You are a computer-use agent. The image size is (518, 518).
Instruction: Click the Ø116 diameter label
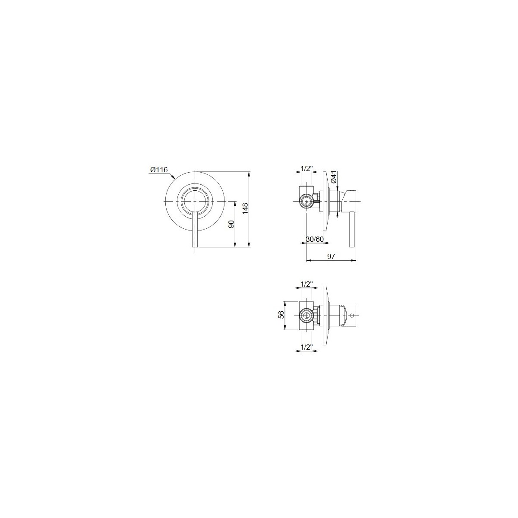[159, 170]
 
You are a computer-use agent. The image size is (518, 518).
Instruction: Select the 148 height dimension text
[245, 208]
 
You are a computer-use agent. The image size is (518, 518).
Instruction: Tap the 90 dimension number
[231, 224]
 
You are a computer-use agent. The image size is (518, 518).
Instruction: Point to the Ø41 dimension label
[334, 177]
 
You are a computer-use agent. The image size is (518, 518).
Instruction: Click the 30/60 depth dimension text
[315, 239]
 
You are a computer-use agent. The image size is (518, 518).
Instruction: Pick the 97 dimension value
[331, 256]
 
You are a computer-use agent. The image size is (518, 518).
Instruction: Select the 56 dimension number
[281, 314]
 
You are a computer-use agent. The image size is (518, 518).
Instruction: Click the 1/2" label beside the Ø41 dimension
[307, 168]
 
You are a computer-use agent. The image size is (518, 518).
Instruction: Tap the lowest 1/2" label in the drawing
[307, 347]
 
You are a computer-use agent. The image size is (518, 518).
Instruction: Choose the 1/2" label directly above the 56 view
[307, 284]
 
